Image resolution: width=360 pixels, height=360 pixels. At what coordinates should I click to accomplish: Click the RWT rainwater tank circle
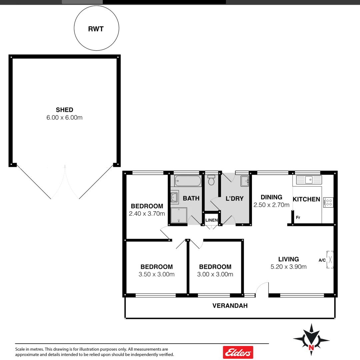click(x=96, y=29)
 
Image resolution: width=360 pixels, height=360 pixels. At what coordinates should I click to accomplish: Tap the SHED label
click(x=64, y=110)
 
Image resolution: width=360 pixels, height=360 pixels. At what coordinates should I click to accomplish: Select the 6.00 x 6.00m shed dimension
click(x=64, y=117)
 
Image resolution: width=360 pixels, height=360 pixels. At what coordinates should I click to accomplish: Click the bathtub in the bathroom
click(x=187, y=182)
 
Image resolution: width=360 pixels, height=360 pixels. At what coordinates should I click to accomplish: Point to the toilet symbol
click(x=211, y=180)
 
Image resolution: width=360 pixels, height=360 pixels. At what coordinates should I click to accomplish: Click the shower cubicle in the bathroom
click(x=179, y=215)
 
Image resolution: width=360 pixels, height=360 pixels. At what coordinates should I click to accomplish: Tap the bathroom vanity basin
click(x=174, y=197)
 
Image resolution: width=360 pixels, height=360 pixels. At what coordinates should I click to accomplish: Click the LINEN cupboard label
click(x=212, y=220)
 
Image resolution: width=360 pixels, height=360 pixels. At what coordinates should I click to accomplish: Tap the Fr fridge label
click(x=298, y=218)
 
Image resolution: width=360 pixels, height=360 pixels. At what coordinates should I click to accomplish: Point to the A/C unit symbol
click(x=330, y=259)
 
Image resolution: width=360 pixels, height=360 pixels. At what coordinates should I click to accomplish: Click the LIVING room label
click(x=289, y=259)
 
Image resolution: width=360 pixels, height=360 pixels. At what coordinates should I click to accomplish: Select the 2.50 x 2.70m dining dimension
click(x=271, y=205)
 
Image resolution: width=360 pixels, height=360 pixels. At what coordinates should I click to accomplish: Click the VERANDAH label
click(x=230, y=306)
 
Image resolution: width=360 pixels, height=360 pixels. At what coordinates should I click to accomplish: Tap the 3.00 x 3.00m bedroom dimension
click(x=215, y=274)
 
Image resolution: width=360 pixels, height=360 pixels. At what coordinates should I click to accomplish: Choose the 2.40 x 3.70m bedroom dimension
click(x=147, y=214)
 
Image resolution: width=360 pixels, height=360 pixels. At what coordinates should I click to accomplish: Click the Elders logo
click(x=238, y=352)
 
